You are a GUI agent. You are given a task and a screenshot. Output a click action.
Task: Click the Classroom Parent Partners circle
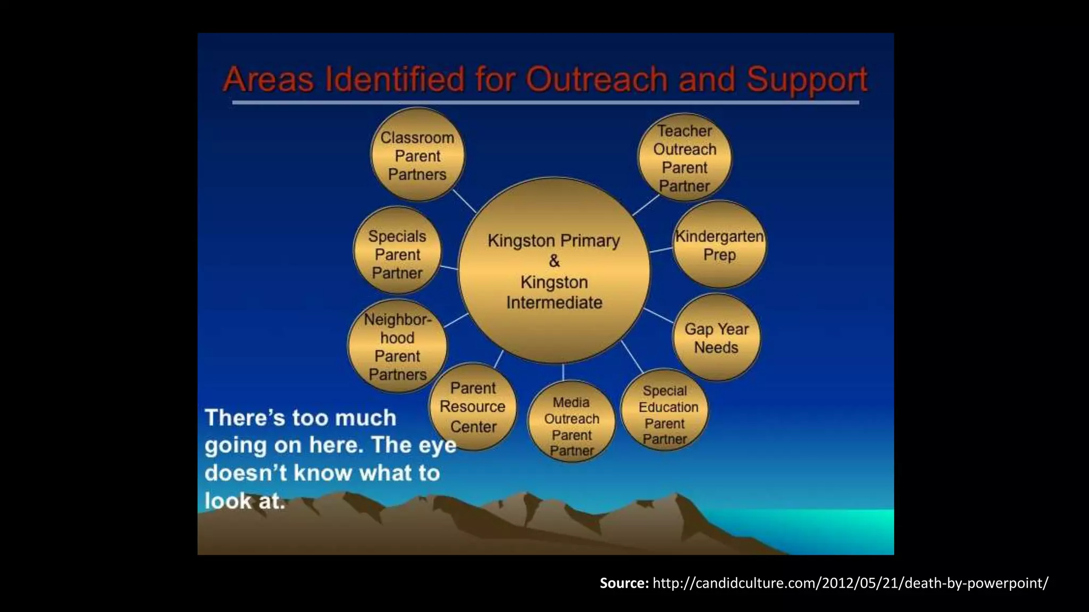(417, 155)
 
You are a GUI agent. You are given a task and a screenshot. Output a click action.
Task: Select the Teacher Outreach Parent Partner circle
(684, 158)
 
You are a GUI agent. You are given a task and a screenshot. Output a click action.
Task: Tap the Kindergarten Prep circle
(719, 245)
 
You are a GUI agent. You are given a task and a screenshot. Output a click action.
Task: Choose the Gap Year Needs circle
(716, 338)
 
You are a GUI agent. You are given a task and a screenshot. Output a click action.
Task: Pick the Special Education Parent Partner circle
(665, 414)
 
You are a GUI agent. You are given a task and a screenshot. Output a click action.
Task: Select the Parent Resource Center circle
(473, 407)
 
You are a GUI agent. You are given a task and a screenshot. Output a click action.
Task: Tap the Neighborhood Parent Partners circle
(397, 346)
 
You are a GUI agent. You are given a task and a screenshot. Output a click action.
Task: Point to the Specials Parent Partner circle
(397, 254)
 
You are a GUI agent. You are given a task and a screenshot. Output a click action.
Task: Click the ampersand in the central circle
(554, 261)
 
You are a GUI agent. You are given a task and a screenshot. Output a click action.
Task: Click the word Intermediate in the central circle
(554, 303)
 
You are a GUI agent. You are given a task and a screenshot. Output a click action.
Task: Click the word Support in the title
(807, 80)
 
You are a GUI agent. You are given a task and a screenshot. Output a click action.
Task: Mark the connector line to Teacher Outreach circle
(646, 205)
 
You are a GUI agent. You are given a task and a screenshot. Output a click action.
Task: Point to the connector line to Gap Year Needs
(659, 316)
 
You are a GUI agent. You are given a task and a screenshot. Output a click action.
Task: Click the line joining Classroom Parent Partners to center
(464, 201)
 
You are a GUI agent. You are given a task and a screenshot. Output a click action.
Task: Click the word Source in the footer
(624, 583)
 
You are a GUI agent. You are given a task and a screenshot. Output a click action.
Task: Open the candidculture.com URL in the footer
(850, 583)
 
